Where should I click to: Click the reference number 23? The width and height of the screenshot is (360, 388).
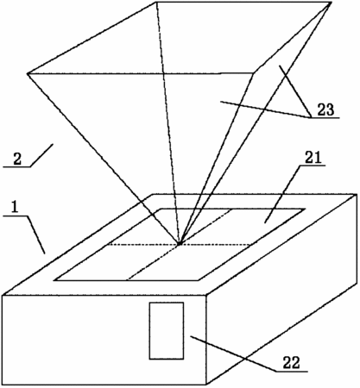point(325,110)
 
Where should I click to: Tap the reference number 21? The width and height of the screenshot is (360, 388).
point(313,158)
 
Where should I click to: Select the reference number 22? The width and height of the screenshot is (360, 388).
point(291,363)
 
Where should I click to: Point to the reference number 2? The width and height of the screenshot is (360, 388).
point(17,160)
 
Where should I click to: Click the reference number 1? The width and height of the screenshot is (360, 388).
point(14,207)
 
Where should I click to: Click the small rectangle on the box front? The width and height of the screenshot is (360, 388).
point(167,330)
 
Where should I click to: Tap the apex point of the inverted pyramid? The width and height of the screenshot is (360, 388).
point(180,244)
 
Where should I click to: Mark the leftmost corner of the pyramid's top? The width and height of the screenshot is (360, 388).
point(28,74)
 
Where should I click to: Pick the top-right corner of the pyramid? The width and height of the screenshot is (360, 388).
point(332,3)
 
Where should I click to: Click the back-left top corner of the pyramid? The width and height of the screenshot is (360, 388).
point(156,2)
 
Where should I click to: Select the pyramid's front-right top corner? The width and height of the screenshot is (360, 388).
point(254,73)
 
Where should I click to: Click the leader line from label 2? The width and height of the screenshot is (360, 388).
point(41,155)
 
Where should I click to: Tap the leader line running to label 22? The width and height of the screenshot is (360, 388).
point(234,354)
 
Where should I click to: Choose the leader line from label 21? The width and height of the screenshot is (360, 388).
point(282,194)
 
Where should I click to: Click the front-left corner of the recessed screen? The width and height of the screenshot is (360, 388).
point(54,280)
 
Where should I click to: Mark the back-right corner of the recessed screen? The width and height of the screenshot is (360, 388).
point(305,209)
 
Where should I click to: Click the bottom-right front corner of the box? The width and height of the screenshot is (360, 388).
point(206,385)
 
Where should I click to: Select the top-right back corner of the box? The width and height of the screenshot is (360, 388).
point(357,195)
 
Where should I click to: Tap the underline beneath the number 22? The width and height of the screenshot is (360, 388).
point(292,372)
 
